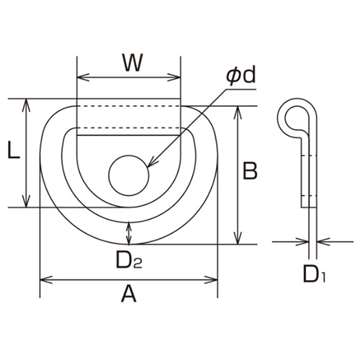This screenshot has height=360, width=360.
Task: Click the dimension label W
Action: click(130, 63)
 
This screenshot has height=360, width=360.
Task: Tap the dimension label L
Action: click(12, 151)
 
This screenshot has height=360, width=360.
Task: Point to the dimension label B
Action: click(250, 171)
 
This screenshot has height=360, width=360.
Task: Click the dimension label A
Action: click(128, 294)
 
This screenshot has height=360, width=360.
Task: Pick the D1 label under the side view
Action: click(311, 274)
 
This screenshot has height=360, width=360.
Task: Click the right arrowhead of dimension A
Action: click(214, 278)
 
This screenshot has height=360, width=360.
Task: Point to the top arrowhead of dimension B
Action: click(238, 110)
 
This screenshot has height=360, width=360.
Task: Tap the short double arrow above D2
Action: click(129, 232)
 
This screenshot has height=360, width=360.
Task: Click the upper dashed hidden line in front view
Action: click(128, 108)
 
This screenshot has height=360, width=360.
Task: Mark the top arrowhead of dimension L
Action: click(27, 103)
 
